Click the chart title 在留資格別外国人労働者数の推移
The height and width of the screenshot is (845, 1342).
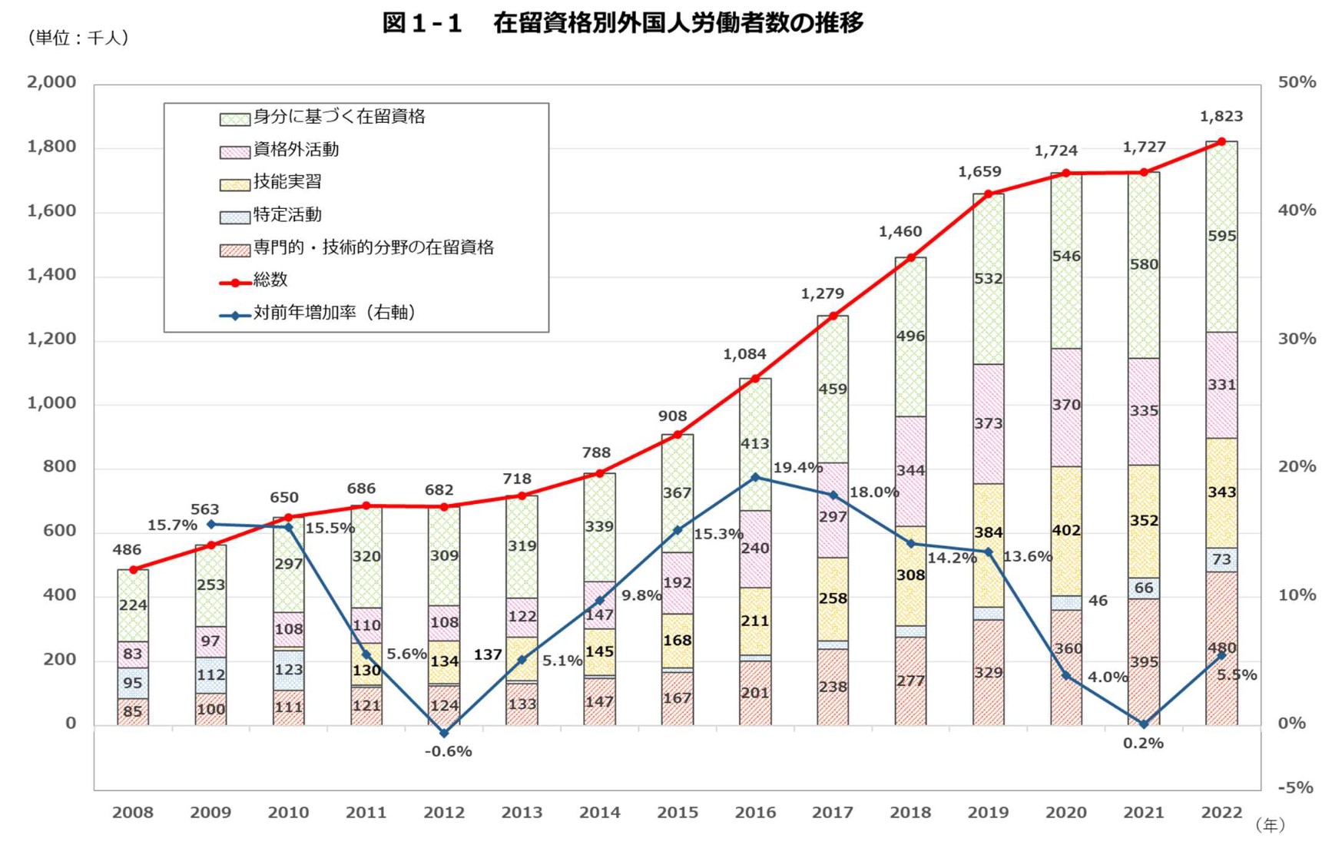678,23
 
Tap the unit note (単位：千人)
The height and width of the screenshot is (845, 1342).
78,38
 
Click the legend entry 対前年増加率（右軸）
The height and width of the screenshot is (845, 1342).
334,313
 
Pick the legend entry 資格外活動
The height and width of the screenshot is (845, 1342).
296,150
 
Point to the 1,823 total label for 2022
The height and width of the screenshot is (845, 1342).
1221,117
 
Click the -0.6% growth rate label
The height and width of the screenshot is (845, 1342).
448,751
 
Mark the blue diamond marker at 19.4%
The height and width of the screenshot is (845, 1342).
755,477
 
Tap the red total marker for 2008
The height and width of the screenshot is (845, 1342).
133,569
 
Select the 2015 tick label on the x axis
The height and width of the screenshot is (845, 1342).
677,813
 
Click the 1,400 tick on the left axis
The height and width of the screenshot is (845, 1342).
51,275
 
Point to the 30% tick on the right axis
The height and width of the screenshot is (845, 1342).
1297,339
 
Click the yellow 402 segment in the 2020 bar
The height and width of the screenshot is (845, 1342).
1065,530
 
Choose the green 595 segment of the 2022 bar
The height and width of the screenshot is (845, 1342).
1221,236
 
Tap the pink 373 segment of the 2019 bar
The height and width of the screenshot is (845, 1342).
988,423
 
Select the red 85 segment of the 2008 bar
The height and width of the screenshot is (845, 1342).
133,711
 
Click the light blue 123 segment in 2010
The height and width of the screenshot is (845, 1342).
288,670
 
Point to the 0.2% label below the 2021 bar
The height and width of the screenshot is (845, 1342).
1143,743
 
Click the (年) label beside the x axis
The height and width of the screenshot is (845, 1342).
1269,825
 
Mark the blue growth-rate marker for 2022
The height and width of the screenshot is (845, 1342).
1221,655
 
